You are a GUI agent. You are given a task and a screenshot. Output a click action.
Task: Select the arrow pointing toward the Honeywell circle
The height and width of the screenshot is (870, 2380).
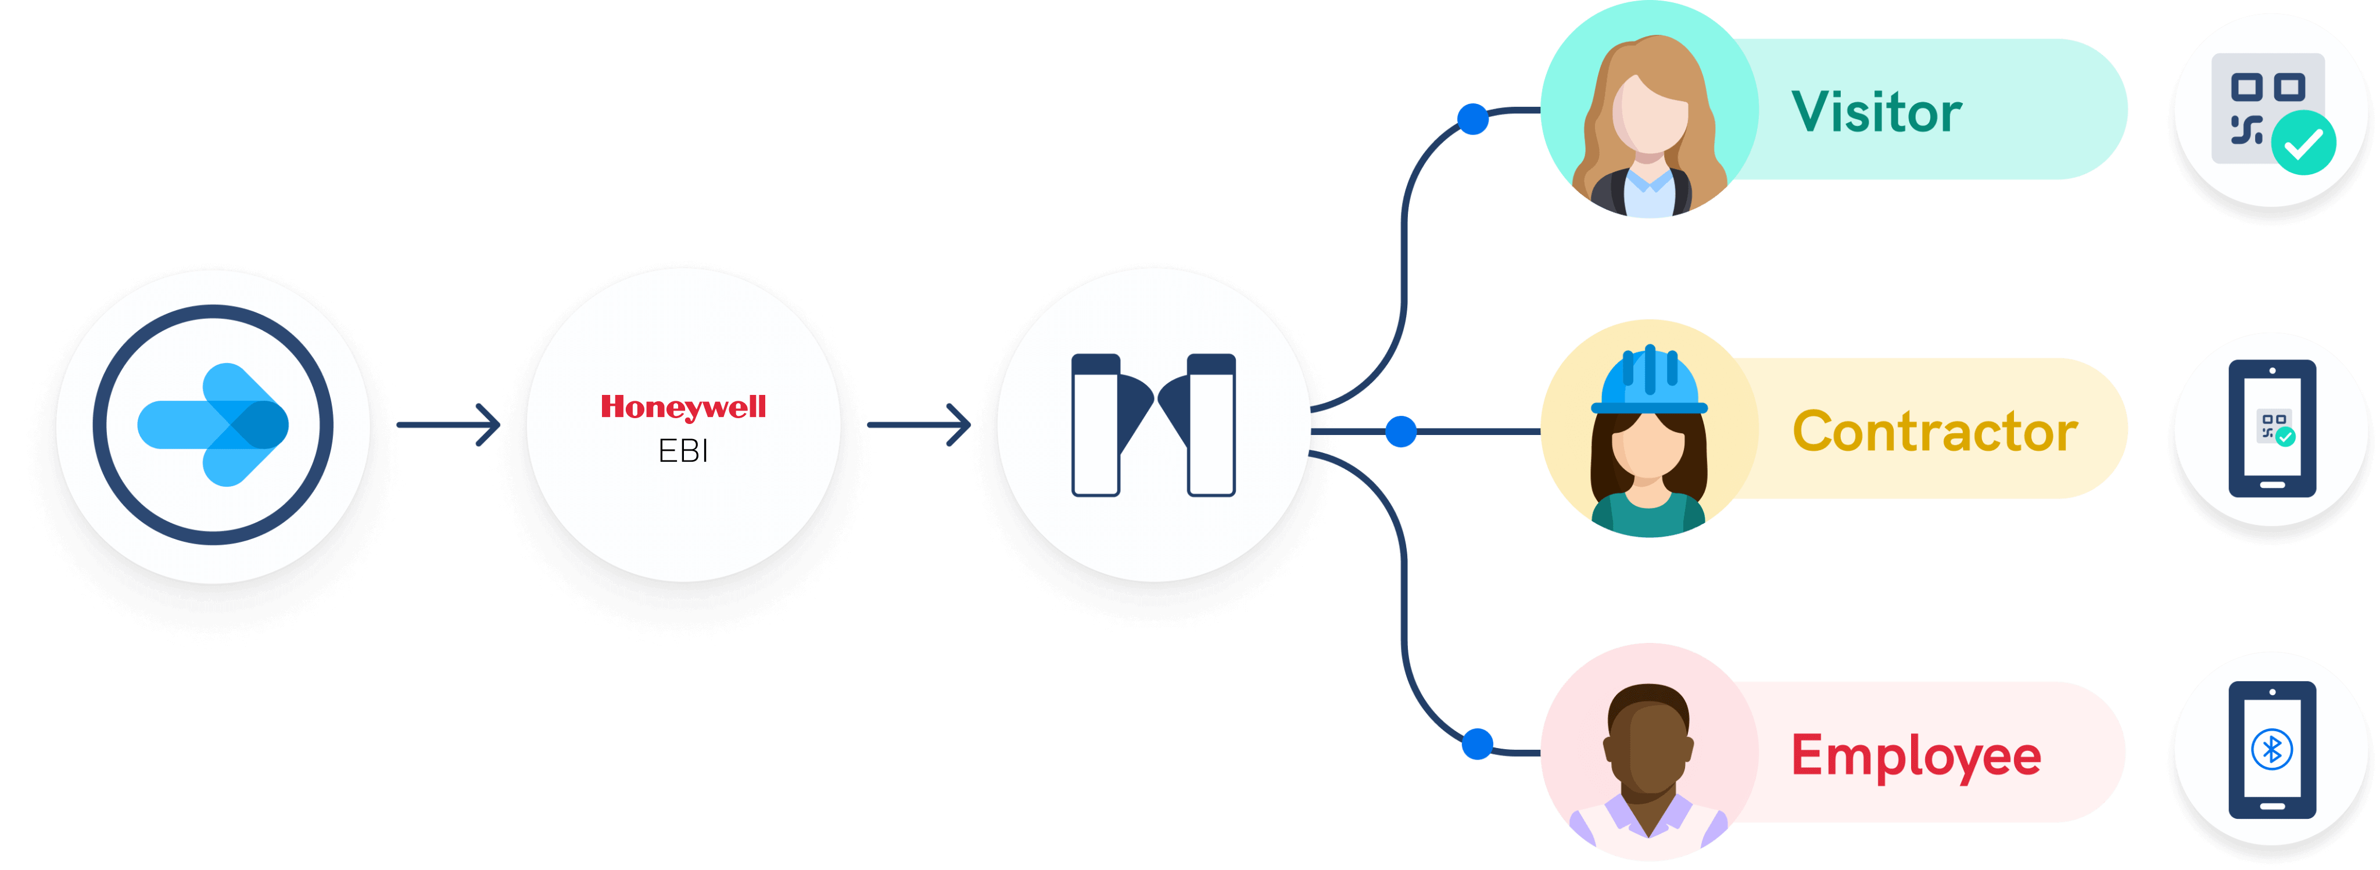point(449,425)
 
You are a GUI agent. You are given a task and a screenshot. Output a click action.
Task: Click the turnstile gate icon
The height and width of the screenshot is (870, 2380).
point(1153,425)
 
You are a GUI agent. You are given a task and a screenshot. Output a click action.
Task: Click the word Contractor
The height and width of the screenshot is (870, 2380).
point(1935,432)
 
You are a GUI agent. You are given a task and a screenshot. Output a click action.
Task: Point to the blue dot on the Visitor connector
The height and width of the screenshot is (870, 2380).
point(1473,119)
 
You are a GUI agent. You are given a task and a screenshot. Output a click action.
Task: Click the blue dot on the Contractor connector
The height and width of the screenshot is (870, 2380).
point(1401,432)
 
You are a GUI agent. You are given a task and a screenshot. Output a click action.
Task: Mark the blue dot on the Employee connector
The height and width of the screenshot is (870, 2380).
point(1478,743)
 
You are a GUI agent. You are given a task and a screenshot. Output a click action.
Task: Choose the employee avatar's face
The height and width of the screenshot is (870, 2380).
point(1649,748)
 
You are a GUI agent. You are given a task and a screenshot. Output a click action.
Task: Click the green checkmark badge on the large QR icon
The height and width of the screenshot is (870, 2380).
point(2303,142)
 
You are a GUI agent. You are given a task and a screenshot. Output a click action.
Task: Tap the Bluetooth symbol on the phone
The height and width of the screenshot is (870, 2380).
point(2272,749)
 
